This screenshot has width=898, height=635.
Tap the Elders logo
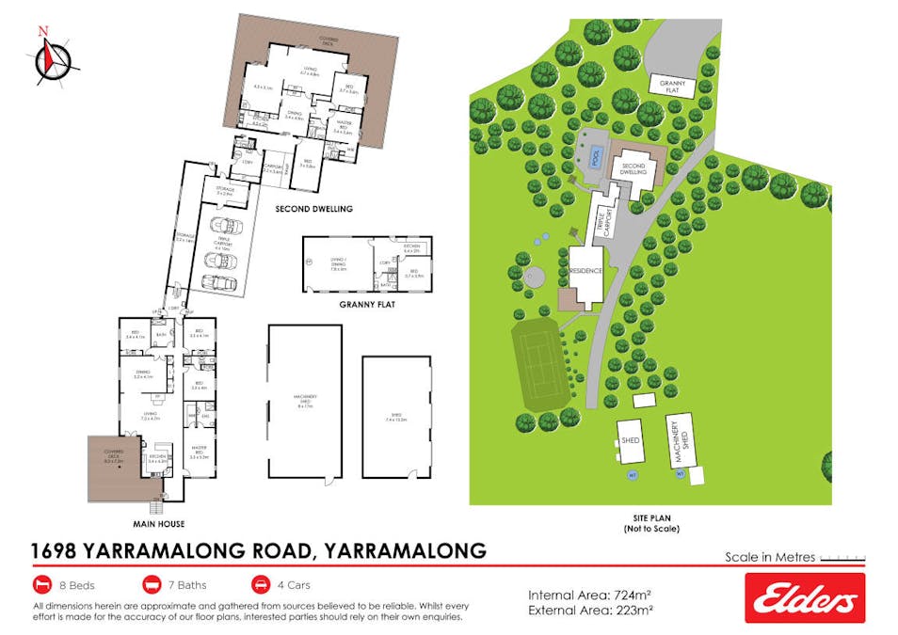click(x=804, y=597)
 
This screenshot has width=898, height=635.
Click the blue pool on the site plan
click(x=594, y=154)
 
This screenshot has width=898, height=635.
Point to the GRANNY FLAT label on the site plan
click(x=672, y=87)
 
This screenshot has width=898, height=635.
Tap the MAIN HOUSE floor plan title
click(x=158, y=523)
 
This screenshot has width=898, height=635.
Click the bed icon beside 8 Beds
click(x=42, y=584)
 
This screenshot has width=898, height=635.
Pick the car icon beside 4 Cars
click(x=259, y=584)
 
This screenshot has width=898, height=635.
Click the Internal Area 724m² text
click(x=590, y=595)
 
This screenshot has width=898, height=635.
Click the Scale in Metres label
click(x=769, y=557)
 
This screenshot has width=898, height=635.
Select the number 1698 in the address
click(x=57, y=550)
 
